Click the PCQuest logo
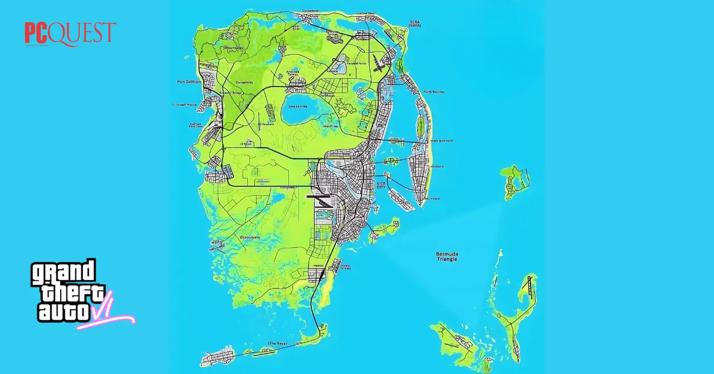[x=70, y=33]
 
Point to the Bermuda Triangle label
[x=447, y=257]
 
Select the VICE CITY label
[x=381, y=185]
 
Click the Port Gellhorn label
[x=189, y=82]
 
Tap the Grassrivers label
[x=249, y=238]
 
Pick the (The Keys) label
[x=277, y=343]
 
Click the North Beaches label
[x=434, y=92]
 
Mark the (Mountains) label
[x=233, y=48]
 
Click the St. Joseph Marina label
[x=185, y=104]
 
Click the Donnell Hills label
[x=244, y=82]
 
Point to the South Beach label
[x=433, y=199]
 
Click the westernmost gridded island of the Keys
[x=218, y=356]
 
